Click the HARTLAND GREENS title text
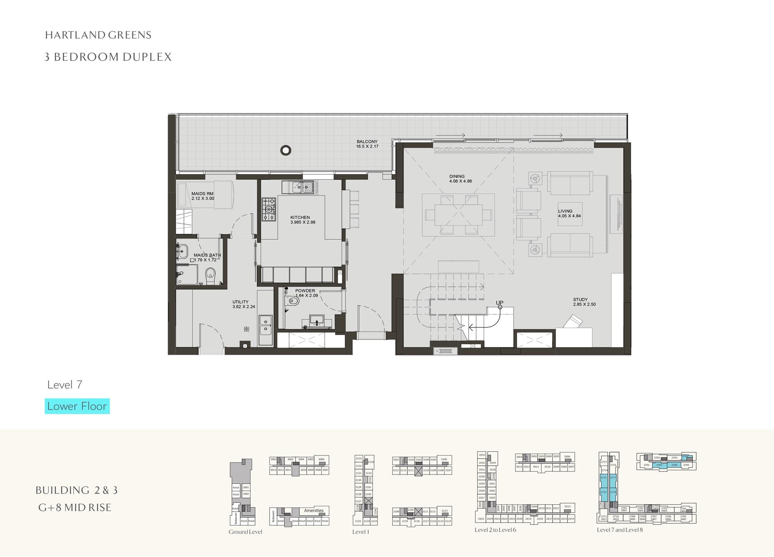98,35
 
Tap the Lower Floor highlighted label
77,406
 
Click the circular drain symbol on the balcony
286,150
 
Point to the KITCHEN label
300,218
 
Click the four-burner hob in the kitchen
269,209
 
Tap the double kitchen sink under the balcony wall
303,187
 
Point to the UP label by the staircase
500,303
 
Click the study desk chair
573,321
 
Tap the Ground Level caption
245,532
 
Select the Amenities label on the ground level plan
313,511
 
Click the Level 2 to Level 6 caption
495,530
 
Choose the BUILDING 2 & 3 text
77,490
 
